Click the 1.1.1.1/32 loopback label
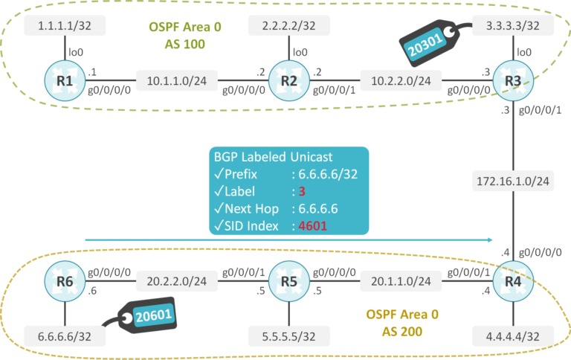pyautogui.click(x=57, y=26)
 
